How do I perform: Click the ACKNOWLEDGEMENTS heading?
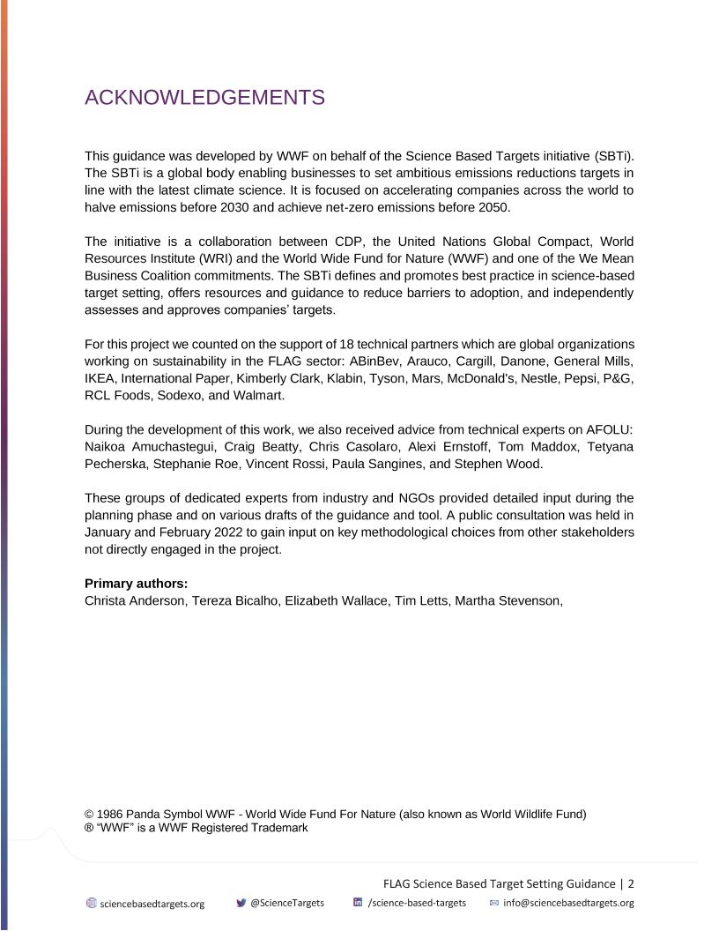tap(204, 98)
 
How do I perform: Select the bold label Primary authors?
tap(137, 584)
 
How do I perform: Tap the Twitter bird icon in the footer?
tap(241, 903)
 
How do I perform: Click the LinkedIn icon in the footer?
tap(358, 903)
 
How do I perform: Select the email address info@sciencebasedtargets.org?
tap(568, 903)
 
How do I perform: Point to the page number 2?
tap(631, 883)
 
